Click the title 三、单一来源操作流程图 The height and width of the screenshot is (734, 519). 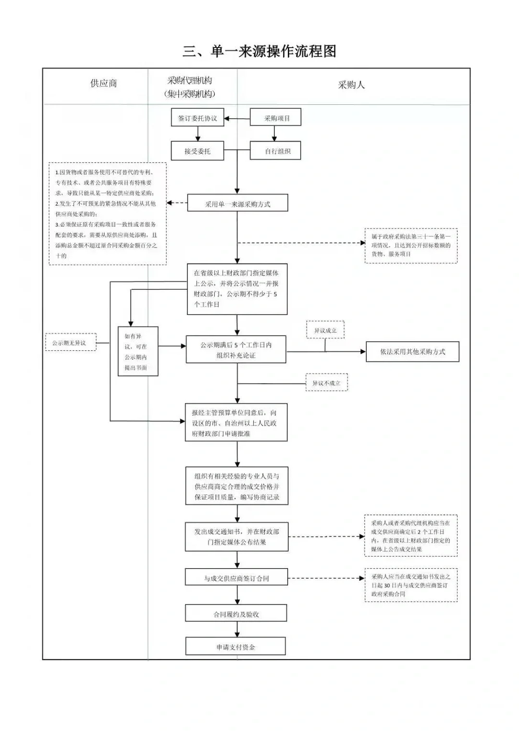click(x=259, y=51)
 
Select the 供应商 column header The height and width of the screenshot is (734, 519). click(x=103, y=83)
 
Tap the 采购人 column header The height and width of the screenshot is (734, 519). click(x=351, y=85)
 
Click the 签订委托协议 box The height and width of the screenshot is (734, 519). click(x=198, y=118)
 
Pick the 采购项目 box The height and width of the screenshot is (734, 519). click(x=275, y=118)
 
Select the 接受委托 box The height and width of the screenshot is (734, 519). click(x=198, y=151)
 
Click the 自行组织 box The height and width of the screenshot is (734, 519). click(x=275, y=151)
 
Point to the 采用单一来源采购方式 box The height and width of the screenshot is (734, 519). click(x=237, y=203)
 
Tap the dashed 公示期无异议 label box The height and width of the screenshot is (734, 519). click(x=71, y=343)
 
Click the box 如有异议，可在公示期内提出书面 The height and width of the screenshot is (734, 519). click(x=138, y=351)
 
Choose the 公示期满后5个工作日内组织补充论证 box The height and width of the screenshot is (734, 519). click(x=236, y=349)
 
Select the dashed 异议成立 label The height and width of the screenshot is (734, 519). click(x=325, y=330)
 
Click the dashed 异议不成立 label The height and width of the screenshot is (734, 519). click(x=326, y=383)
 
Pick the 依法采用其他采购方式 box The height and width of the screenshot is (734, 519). click(x=412, y=351)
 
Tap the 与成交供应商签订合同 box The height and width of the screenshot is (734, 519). click(x=236, y=577)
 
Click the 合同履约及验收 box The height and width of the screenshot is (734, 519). click(x=236, y=613)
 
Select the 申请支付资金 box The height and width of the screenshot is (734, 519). click(x=235, y=647)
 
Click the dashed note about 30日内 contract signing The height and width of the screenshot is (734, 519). click(x=410, y=585)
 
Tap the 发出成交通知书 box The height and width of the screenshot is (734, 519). click(x=236, y=537)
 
